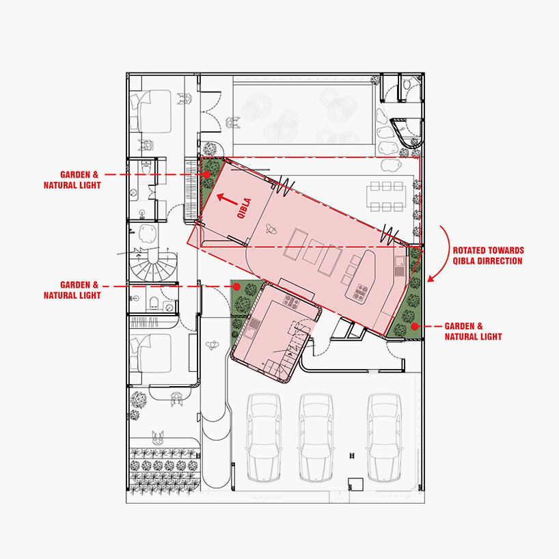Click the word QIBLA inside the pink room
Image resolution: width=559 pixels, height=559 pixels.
pos(244,208)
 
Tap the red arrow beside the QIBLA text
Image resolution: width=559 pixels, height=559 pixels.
pos(227,200)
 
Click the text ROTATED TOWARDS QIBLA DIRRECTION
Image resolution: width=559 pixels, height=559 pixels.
pos(488,256)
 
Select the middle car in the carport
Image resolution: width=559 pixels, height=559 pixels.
pos(316,438)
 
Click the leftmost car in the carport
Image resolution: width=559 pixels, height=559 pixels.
pos(264,438)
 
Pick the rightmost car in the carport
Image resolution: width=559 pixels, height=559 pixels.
pos(384,438)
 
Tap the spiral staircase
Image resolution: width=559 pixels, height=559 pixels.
pos(153,266)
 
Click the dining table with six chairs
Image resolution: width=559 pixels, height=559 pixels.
pos(387,196)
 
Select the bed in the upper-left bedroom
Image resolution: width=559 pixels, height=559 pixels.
pos(150,111)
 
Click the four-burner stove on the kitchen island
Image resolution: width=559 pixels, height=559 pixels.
pos(361,292)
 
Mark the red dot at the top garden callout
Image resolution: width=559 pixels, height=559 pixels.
pos(207,175)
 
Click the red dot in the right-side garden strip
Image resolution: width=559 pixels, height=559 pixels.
pos(414,326)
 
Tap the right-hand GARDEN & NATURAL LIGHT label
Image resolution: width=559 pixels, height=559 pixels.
pos(473,331)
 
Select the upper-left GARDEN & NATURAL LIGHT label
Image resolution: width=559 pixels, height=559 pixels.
pos(72,180)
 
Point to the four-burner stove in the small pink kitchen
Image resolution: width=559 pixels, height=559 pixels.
pos(292,301)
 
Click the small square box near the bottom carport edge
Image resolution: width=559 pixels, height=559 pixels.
pos(355,484)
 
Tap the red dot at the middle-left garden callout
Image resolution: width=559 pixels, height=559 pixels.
pos(236,286)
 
